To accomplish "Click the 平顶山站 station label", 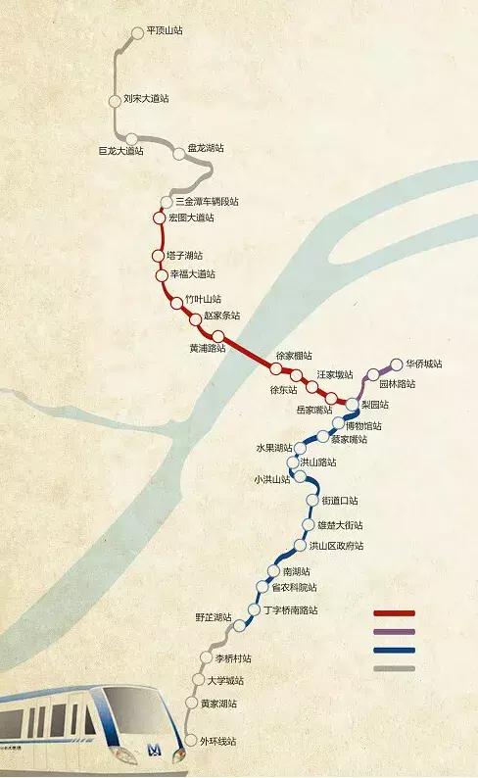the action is click(165, 30).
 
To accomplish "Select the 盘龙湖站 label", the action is click(205, 148).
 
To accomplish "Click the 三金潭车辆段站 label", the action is click(207, 201).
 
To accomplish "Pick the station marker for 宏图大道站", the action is click(159, 217).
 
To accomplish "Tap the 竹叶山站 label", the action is click(203, 299).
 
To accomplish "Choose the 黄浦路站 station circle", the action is click(231, 337).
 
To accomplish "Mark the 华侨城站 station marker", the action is click(397, 364).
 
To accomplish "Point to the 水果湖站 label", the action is click(275, 447).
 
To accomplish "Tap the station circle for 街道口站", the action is click(313, 500).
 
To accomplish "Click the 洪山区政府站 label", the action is click(335, 546).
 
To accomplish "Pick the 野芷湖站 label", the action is click(213, 617).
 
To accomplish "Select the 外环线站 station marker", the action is click(191, 740).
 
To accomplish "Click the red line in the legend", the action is click(394, 613).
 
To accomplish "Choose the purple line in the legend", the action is click(394, 632).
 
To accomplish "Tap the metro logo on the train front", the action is click(154, 751).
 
